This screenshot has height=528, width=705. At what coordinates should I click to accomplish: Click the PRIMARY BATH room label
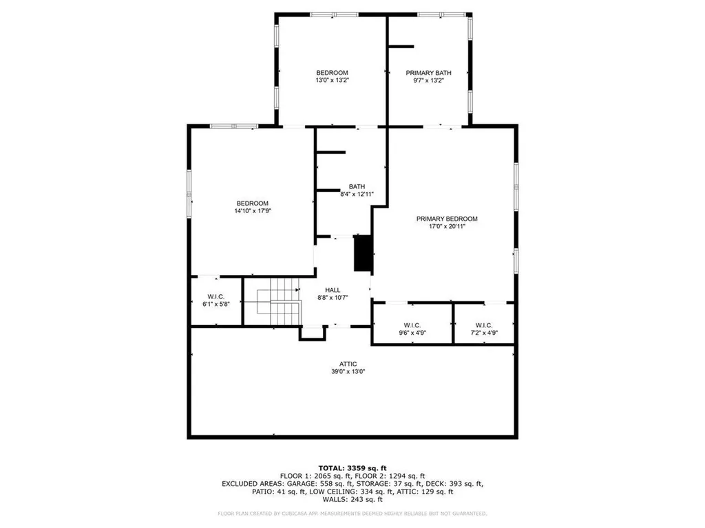coord(428,73)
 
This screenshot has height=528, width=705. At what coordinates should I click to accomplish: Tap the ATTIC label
coord(348,364)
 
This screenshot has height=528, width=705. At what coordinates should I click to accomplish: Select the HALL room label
coord(333,290)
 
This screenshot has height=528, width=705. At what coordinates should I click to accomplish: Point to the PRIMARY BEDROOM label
coord(446,219)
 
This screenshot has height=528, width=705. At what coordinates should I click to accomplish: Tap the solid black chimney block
coord(362,253)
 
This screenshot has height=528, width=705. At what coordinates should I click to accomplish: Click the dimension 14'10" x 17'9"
coord(252,211)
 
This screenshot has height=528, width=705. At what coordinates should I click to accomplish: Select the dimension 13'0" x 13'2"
coord(332,80)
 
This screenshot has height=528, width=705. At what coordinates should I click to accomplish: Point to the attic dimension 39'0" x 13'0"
coord(348,371)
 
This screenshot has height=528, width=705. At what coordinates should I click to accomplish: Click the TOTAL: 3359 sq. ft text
coord(352,467)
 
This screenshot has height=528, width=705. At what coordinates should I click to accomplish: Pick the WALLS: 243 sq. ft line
coord(352,500)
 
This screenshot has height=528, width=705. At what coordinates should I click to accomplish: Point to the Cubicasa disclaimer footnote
coord(352,514)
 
